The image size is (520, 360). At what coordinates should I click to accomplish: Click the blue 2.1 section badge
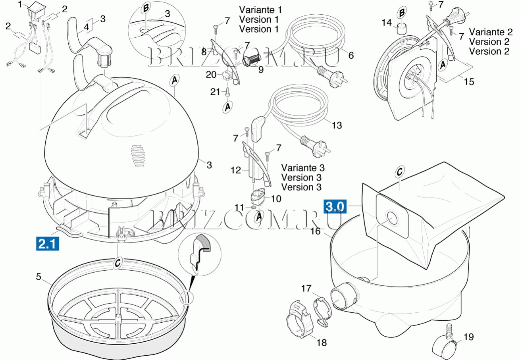tap(48, 243)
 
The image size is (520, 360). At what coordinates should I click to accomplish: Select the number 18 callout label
tap(322, 343)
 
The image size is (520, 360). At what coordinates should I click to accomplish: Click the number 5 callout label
tap(39, 277)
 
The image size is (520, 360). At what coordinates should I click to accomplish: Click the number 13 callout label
tap(336, 125)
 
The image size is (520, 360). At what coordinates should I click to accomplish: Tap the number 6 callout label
tap(351, 56)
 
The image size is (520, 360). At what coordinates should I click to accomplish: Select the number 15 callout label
tap(469, 82)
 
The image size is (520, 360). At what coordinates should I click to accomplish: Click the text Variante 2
tap(489, 32)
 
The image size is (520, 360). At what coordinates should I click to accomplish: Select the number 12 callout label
tap(236, 170)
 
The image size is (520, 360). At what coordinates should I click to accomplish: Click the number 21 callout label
tap(215, 92)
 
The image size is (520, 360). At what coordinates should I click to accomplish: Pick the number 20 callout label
tap(211, 74)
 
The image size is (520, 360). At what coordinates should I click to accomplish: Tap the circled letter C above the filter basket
tap(117, 262)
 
